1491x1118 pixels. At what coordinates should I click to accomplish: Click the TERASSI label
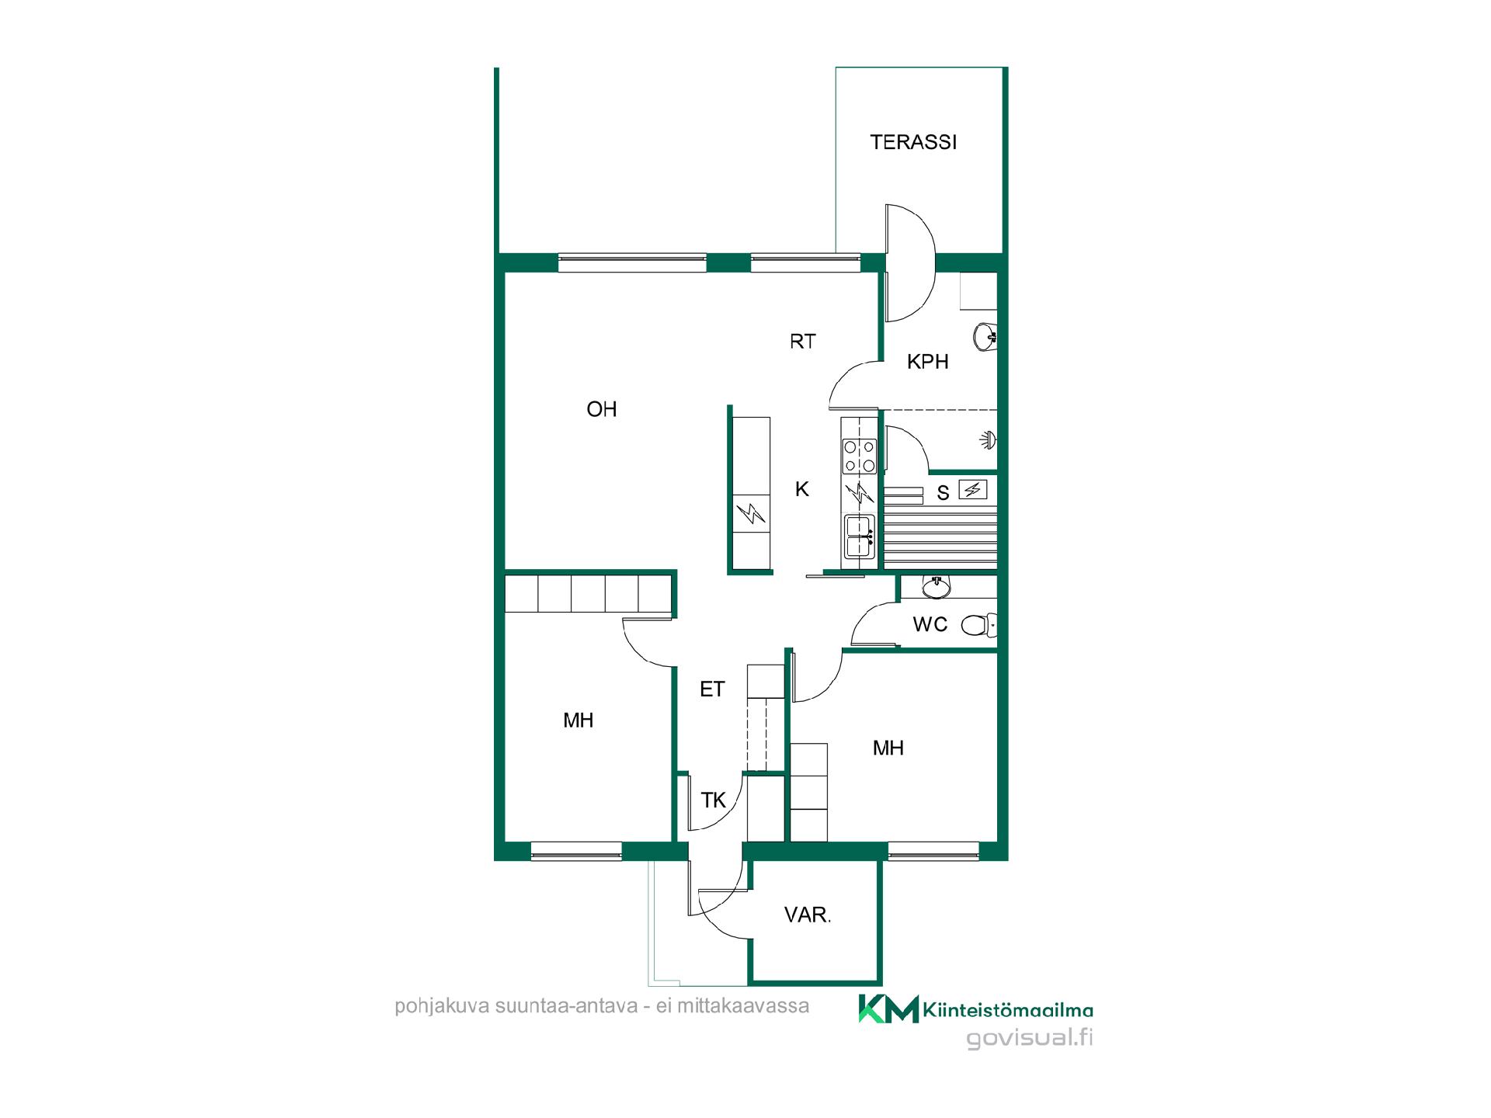(x=913, y=142)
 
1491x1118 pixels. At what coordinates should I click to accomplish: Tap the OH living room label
(x=602, y=409)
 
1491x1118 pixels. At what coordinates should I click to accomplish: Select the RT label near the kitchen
(x=803, y=341)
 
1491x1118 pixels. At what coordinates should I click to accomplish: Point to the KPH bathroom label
(x=928, y=362)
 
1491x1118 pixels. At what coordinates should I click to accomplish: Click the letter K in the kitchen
(x=802, y=489)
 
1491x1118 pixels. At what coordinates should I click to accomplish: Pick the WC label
(x=930, y=624)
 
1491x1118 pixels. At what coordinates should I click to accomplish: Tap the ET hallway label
(x=712, y=689)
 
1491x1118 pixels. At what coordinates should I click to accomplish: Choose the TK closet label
(x=714, y=800)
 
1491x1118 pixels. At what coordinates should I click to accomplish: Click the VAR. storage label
(x=808, y=915)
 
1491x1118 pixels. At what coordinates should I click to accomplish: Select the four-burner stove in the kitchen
(x=860, y=456)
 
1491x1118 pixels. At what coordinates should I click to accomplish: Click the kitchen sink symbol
(x=859, y=536)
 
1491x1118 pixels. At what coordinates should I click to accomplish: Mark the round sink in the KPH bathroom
(x=985, y=336)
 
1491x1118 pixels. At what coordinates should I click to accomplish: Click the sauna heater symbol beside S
(x=973, y=489)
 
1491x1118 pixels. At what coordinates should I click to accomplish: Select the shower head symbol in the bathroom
(x=989, y=439)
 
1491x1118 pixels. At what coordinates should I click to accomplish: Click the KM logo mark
(x=888, y=1009)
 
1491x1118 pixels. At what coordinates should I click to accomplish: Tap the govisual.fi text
(x=1030, y=1038)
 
